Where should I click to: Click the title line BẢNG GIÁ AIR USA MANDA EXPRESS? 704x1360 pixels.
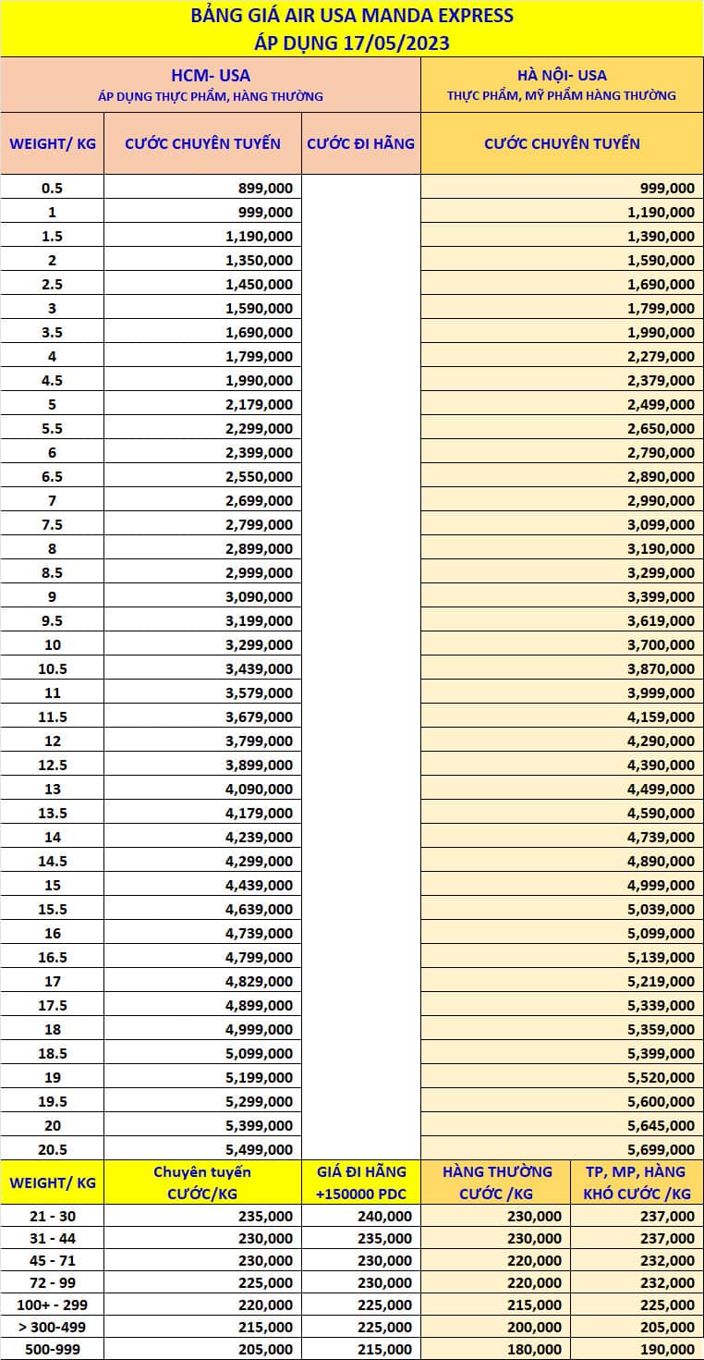point(351,16)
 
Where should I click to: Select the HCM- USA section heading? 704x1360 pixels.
point(211,75)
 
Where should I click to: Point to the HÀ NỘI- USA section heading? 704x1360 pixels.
point(562,75)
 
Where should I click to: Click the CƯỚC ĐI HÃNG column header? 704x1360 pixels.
point(360,143)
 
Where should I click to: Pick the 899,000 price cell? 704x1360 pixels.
point(259,188)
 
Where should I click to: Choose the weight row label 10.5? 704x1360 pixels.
point(52,668)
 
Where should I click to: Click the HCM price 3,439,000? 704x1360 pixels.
point(259,668)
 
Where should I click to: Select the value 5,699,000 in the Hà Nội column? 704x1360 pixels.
point(661,1149)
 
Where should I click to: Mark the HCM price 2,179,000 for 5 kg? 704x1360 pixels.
point(259,404)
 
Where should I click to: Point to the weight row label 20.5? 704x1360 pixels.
point(52,1149)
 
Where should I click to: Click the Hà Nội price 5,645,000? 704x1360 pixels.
point(661,1125)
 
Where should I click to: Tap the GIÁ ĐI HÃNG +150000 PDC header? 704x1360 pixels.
point(360,1182)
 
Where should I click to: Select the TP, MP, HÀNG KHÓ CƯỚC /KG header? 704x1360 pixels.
point(637,1182)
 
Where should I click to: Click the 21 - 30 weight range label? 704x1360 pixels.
point(52,1216)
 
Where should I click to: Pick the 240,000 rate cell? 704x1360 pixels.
point(384,1216)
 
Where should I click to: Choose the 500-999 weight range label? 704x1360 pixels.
point(52,1349)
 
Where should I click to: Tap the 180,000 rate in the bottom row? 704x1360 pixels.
point(534,1349)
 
